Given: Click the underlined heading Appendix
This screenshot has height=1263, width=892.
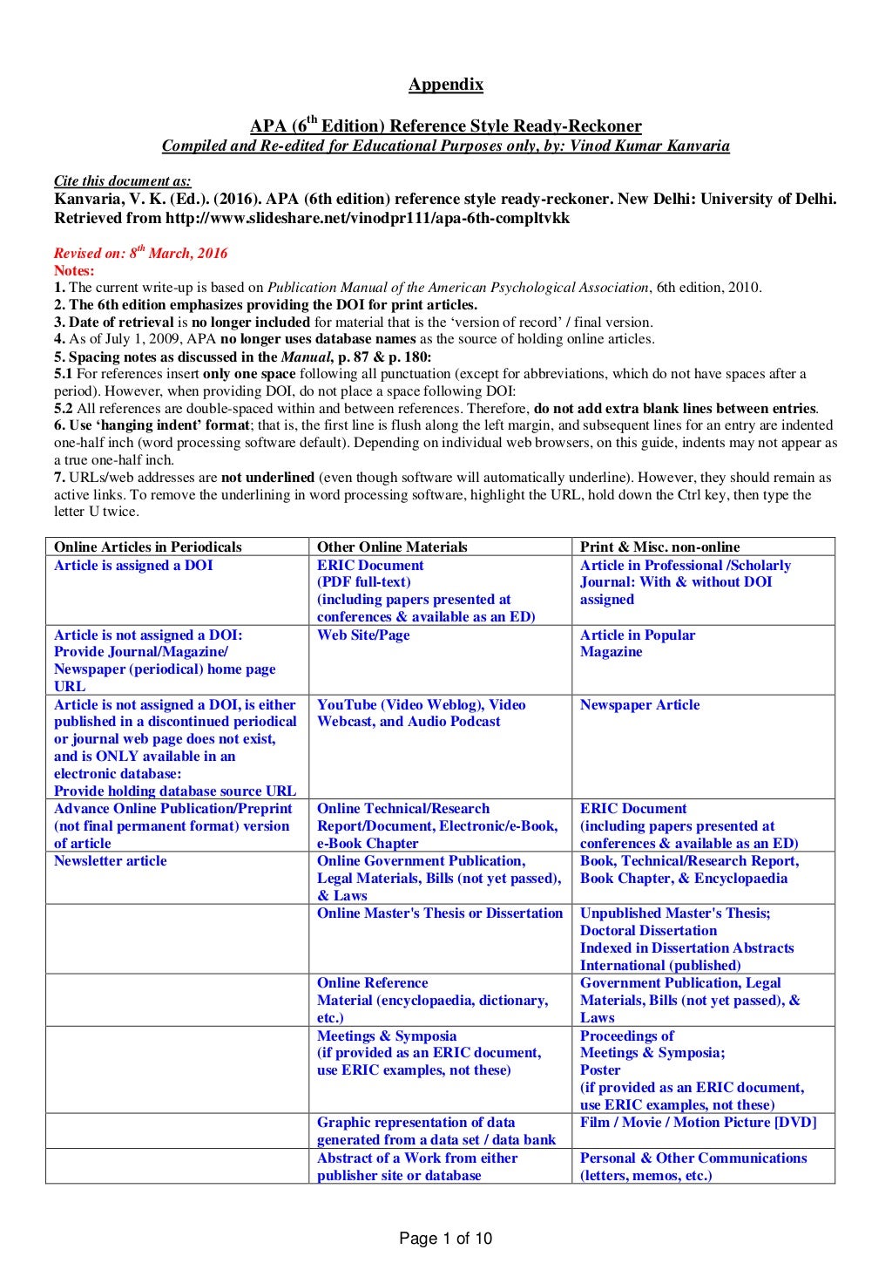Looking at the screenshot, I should tap(445, 85).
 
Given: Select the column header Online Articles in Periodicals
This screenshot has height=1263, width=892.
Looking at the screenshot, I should tap(148, 547).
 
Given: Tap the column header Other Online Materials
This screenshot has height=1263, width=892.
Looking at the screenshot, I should tap(392, 547).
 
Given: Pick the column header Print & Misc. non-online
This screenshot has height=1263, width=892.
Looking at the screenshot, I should tap(659, 547).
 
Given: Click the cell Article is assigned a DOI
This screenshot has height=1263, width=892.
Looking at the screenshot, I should tap(133, 565).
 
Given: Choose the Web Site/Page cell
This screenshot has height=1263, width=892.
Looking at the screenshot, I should tap(363, 635).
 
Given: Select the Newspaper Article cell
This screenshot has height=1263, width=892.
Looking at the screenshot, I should tap(639, 704).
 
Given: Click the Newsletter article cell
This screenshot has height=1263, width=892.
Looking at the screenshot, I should tap(111, 860).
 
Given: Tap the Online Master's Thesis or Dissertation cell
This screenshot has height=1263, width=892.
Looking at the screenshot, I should tap(440, 913).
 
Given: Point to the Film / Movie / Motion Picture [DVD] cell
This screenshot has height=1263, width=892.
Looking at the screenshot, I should tap(698, 1122).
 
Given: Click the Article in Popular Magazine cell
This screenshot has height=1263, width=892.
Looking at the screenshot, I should tap(638, 643).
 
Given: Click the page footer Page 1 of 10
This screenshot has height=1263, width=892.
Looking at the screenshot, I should tap(445, 1238).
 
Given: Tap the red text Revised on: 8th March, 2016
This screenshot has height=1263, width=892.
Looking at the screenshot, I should tap(141, 254).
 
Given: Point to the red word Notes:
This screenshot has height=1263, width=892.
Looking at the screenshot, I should tap(74, 270).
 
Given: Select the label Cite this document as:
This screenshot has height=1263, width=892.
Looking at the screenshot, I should tap(122, 180).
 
